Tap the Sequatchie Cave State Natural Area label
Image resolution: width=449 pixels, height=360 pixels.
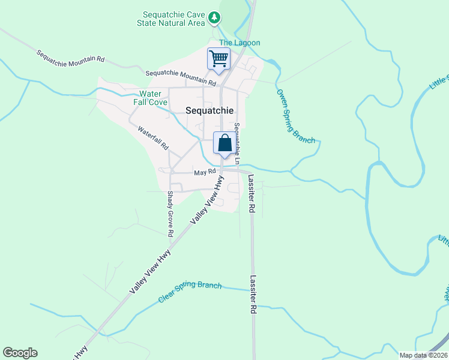tap(175, 19)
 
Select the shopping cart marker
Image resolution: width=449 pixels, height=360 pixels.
tap(218, 59)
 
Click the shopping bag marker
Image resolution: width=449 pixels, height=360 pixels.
tap(224, 143)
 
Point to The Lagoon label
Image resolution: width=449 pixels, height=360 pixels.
tap(240, 43)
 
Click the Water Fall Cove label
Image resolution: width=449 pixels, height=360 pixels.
tap(150, 98)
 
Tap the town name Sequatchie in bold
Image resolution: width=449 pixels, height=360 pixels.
tap(209, 110)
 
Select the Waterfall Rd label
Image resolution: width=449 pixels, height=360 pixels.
tap(153, 137)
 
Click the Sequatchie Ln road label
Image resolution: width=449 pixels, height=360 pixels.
tap(237, 144)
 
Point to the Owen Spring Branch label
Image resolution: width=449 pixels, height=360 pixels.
tap(295, 116)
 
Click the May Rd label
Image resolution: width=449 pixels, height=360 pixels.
tap(205, 173)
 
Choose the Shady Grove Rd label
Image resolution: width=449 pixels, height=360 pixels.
tap(170, 214)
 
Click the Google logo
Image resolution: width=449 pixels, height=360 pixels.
tap(20, 353)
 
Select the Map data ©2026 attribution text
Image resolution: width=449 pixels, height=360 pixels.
tap(423, 355)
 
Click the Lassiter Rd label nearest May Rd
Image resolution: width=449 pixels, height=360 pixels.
tap(252, 195)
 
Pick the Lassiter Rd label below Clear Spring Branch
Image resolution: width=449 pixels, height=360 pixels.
tap(253, 296)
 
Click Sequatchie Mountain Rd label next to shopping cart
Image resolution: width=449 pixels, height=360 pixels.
tap(180, 77)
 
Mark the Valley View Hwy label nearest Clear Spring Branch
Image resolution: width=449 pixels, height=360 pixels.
tap(150, 272)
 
